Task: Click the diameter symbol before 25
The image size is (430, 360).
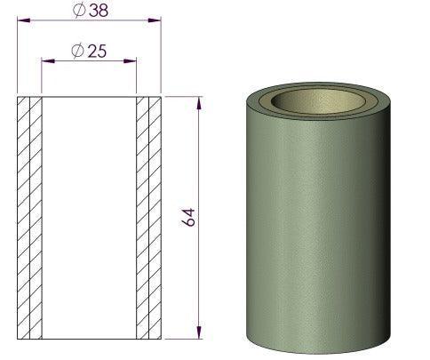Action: tap(77, 51)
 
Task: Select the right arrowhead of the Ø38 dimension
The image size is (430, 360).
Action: tap(158, 20)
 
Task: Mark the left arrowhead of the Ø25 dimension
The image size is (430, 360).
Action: tap(46, 60)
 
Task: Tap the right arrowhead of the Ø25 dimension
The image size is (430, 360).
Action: tap(132, 60)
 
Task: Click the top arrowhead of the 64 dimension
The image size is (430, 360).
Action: tap(198, 100)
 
